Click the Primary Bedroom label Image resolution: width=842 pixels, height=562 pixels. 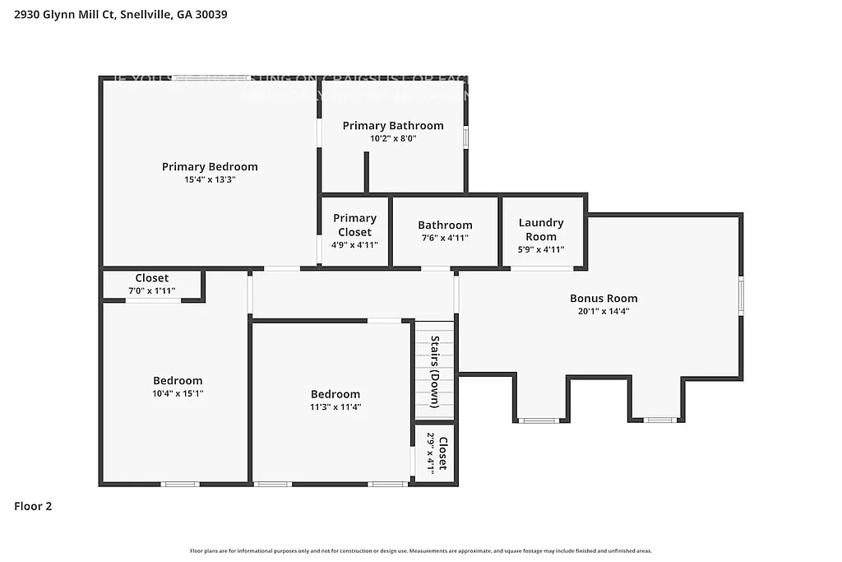210,166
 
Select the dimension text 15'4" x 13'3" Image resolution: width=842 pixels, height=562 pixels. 210,179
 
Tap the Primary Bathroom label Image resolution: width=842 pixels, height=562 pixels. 393,126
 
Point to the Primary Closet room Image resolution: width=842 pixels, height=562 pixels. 355,230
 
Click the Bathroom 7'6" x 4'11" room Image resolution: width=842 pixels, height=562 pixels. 445,231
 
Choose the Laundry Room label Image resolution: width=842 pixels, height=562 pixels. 541,230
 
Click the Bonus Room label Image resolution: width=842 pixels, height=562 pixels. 604,299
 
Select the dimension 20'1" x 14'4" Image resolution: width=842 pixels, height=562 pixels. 604,311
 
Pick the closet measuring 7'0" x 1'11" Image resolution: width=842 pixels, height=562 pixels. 152,284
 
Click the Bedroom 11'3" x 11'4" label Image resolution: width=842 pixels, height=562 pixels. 335,394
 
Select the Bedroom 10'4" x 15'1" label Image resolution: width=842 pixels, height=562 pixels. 178,380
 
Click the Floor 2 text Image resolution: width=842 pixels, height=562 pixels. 33,507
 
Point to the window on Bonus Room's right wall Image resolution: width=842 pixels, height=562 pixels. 741,296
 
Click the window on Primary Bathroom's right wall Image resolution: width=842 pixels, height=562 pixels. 465,137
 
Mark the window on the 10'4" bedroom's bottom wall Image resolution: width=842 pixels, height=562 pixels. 179,484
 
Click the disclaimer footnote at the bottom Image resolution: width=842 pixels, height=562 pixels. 420,550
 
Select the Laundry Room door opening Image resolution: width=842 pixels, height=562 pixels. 542,268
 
